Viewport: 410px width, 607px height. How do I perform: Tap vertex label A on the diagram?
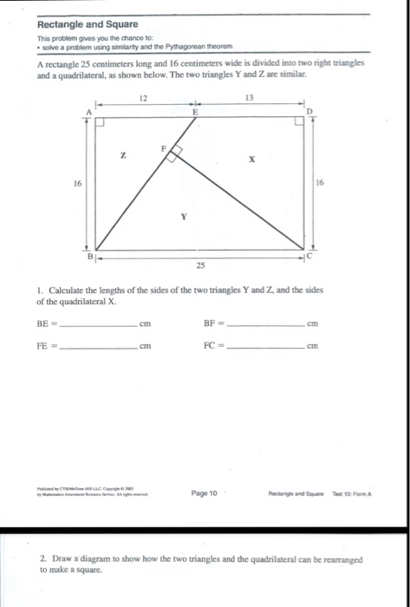(87, 111)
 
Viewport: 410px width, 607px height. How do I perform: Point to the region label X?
(250, 160)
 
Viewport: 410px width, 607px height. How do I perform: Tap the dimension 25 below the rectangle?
(201, 265)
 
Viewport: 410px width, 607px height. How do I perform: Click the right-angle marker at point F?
(173, 154)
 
